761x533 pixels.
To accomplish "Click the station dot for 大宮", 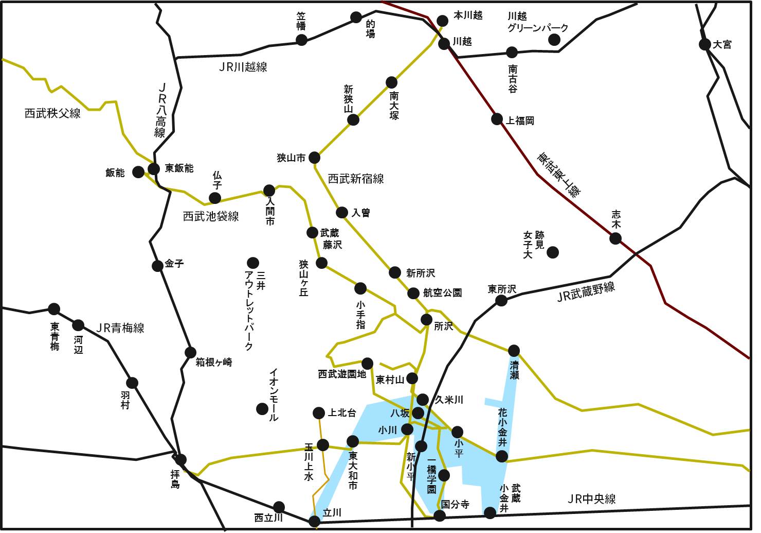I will point(705,44).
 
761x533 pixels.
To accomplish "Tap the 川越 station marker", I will point(444,43).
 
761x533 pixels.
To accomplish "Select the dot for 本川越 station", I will point(442,21).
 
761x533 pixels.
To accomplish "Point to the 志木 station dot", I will point(615,238).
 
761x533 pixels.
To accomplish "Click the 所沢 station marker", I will point(426,319).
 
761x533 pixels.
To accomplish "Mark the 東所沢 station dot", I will point(501,300).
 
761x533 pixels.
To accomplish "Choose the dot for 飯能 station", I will point(138,172).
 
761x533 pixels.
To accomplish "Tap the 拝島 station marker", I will point(180,460).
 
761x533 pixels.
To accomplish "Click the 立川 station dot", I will point(315,521).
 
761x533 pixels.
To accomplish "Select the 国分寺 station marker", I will point(440,515).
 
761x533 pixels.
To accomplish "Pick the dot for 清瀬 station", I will point(514,351).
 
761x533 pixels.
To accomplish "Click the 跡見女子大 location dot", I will point(553,252).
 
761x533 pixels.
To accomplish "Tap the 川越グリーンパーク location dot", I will point(554,40).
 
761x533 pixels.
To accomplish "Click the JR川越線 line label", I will point(243,67).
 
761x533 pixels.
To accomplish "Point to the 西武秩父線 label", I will point(52,113).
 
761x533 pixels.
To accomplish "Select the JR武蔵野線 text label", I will point(586,292).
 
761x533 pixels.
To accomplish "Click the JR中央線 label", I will point(591,499).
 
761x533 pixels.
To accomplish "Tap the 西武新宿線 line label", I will point(356,179).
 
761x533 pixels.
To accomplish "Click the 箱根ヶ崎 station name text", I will point(214,363).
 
